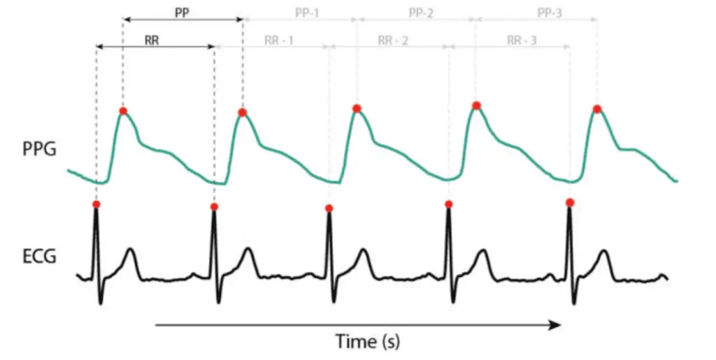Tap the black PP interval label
[182, 12]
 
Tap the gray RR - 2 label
[392, 41]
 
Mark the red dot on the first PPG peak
[123, 111]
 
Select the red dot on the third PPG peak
[357, 108]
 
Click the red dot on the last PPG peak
[596, 109]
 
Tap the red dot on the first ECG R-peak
[96, 204]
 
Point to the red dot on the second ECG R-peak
[214, 206]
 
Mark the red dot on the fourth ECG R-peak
[448, 204]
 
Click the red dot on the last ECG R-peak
[570, 203]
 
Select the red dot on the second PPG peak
[242, 113]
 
